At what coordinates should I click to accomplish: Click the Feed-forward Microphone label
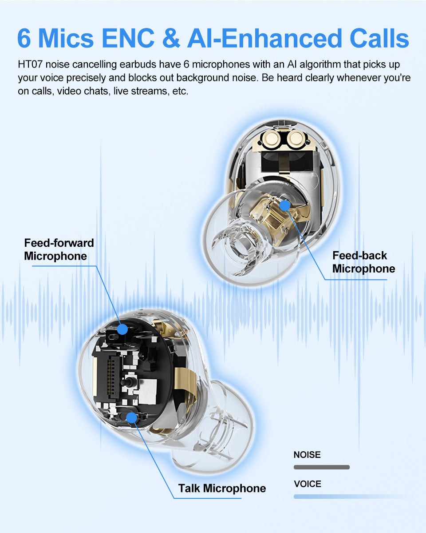click(59, 249)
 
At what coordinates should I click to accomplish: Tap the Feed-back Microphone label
click(363, 262)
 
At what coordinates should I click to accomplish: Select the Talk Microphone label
click(222, 488)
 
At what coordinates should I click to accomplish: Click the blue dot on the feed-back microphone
click(284, 205)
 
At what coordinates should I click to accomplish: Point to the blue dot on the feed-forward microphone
click(122, 329)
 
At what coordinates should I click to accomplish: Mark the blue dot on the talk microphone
click(131, 417)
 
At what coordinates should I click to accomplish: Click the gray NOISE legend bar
click(322, 467)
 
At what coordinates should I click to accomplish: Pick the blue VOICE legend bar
click(351, 496)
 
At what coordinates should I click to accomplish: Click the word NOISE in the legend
click(307, 455)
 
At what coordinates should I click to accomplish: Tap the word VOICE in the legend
click(307, 484)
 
